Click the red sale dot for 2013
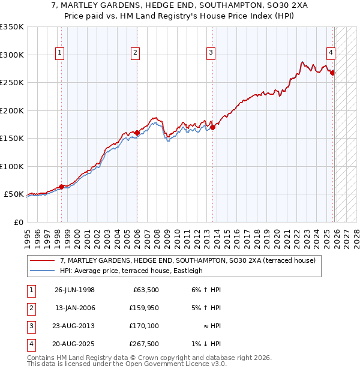click(212, 127)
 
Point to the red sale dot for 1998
click(61, 187)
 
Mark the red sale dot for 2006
click(137, 133)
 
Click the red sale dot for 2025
click(332, 73)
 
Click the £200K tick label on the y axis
click(12, 110)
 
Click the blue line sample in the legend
click(43, 271)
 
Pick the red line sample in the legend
click(43, 260)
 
